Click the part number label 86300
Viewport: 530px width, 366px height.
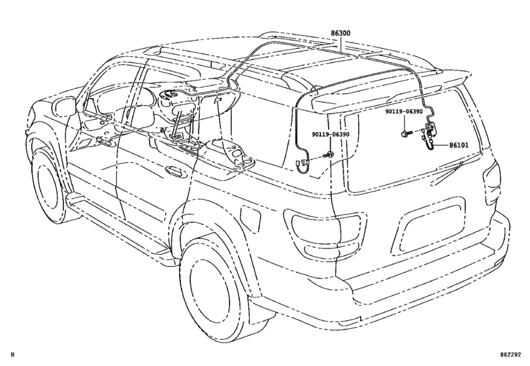click(340, 33)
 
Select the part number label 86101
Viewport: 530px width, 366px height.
click(459, 145)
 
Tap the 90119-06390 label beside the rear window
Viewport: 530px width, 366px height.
click(404, 112)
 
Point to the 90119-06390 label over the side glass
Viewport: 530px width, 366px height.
click(331, 134)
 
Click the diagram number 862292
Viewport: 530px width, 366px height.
click(511, 355)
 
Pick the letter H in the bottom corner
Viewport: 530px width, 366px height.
click(13, 355)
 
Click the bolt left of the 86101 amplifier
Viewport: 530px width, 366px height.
click(406, 134)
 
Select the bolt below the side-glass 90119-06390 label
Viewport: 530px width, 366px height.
click(329, 155)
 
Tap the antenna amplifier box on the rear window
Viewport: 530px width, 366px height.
click(430, 128)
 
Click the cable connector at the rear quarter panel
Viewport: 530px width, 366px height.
click(303, 163)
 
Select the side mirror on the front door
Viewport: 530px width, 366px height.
click(64, 105)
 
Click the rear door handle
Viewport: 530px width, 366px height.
click(175, 170)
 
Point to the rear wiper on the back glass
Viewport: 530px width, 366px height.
click(448, 173)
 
